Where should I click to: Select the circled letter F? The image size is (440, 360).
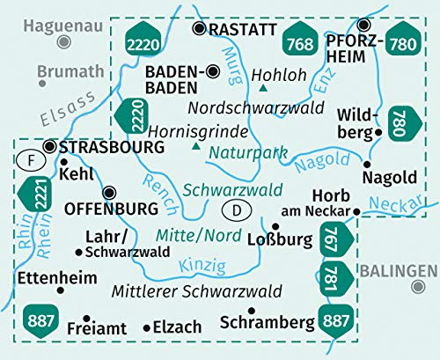tap(28, 162)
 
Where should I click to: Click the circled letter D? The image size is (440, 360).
tap(235, 209)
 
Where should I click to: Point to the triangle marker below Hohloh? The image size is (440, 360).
tap(264, 89)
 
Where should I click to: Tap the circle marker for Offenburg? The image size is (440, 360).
tap(109, 193)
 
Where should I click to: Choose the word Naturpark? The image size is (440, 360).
tap(248, 151)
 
